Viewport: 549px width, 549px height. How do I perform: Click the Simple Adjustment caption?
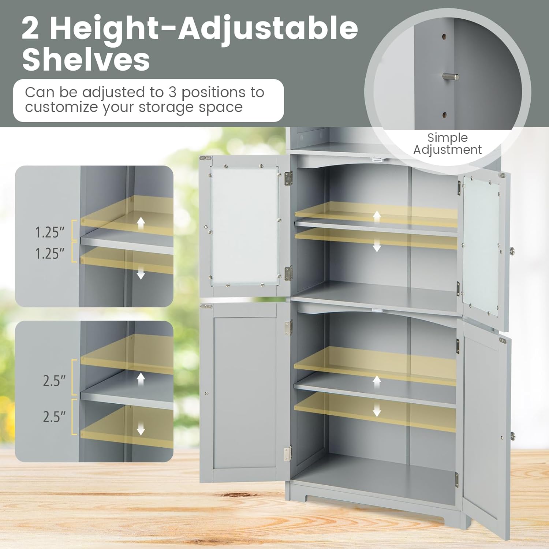[x=447, y=143]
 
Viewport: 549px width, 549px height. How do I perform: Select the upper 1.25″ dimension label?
[x=49, y=232]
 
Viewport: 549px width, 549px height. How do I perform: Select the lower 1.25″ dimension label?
[x=49, y=253]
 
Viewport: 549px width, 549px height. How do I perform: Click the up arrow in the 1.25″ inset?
[x=141, y=222]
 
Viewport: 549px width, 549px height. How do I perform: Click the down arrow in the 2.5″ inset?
[x=141, y=429]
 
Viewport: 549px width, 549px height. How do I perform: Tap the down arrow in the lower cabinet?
[x=377, y=411]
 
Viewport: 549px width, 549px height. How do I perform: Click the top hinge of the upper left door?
[x=288, y=178]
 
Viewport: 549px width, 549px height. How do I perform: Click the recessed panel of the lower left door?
[x=244, y=392]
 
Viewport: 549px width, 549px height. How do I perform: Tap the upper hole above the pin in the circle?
[x=444, y=37]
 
